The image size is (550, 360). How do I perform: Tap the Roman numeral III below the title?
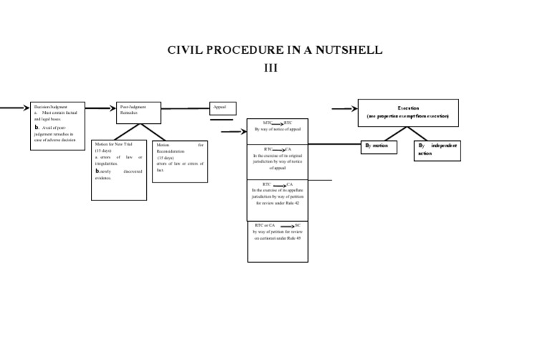[x=275, y=68]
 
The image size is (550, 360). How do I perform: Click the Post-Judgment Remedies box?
[x=139, y=112]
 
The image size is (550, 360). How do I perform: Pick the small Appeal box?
[x=222, y=108]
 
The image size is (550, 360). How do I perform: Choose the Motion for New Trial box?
[x=119, y=170]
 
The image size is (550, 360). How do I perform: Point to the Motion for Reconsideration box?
[x=180, y=161]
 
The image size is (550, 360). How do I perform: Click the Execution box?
[x=408, y=112]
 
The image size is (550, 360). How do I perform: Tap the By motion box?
[x=380, y=146]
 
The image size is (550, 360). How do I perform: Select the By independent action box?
[x=437, y=150]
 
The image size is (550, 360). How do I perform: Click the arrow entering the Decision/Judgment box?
[x=14, y=108]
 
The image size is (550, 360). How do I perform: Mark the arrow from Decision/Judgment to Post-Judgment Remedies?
[x=101, y=109]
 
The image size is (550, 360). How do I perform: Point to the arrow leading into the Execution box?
[x=344, y=109]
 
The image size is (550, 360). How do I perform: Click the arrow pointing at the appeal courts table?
[x=233, y=132]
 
